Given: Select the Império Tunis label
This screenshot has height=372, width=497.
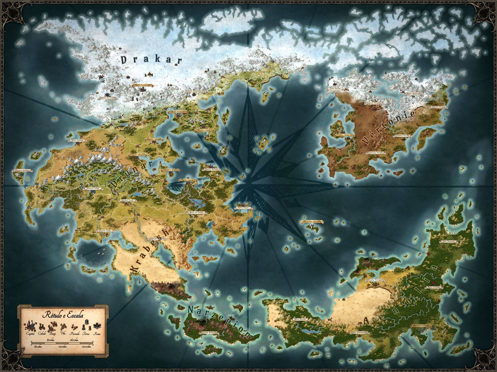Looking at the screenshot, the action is pyautogui.click(x=127, y=201).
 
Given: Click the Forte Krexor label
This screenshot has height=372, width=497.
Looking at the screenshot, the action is pyautogui.click(x=335, y=89).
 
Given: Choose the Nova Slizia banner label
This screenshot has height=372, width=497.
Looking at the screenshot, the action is pyautogui.click(x=342, y=135).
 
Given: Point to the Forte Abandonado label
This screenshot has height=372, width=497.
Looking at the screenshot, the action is pyautogui.click(x=359, y=333).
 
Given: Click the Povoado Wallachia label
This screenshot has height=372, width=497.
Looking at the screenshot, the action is pyautogui.click(x=209, y=332).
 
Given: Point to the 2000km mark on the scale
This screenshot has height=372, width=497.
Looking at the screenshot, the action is pyautogui.click(x=86, y=347).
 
